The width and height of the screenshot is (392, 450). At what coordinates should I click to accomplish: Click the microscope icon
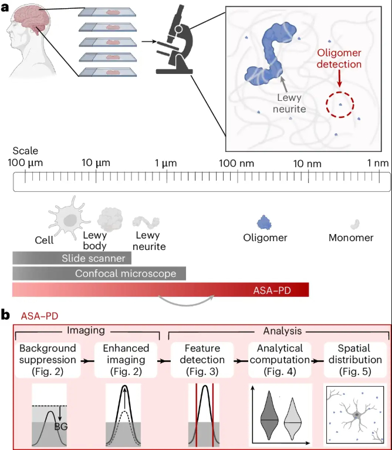click(174, 40)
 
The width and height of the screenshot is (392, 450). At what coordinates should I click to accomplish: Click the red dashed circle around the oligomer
click(340, 104)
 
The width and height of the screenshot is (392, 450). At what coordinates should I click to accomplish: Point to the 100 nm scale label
click(236, 163)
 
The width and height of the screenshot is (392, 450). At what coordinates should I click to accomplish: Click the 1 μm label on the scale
click(166, 163)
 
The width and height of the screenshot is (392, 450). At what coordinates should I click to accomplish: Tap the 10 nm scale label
click(307, 164)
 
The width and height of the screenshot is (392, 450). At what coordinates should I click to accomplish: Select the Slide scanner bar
click(72, 258)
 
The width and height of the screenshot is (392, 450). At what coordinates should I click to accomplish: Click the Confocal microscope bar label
click(126, 273)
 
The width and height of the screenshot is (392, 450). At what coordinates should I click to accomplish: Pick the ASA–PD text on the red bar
click(272, 290)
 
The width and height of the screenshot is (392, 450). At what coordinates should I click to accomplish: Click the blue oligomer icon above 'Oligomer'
click(264, 222)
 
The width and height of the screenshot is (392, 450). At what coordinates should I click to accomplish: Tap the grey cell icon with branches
click(69, 218)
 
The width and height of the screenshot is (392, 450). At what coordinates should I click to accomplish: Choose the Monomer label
click(351, 238)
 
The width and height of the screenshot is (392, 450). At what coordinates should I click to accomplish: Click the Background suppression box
click(48, 360)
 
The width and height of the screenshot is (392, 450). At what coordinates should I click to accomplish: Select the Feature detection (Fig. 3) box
click(202, 360)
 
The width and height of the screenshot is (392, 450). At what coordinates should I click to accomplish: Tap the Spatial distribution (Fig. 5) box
click(355, 360)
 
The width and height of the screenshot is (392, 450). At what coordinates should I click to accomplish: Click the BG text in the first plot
click(61, 427)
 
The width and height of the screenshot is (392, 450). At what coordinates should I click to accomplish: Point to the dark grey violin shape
click(269, 415)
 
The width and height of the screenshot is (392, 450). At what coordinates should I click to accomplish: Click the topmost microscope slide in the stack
click(107, 12)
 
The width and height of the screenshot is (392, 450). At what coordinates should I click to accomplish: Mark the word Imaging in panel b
click(86, 330)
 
